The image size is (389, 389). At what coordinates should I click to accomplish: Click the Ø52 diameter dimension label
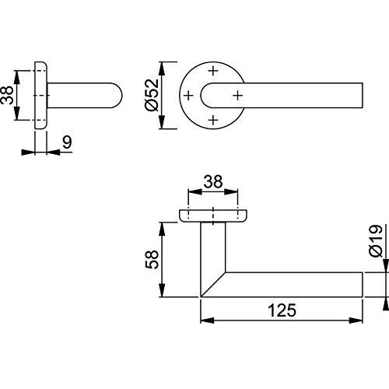[x=152, y=95]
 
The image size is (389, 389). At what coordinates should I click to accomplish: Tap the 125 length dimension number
[x=282, y=310]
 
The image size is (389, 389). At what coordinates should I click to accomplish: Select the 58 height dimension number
[x=152, y=259]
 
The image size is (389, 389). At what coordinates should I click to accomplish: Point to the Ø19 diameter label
[x=377, y=241]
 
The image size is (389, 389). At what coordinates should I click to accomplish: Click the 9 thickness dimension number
[x=67, y=142]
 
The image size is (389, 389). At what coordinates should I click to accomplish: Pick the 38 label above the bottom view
[x=213, y=181]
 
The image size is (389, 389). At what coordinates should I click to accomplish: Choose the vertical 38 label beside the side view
[x=7, y=95]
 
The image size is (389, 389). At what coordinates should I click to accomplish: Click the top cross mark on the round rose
[x=213, y=71]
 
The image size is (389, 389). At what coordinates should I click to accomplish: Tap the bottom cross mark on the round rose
[x=213, y=120]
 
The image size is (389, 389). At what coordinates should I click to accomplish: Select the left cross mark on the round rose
[x=188, y=96]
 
